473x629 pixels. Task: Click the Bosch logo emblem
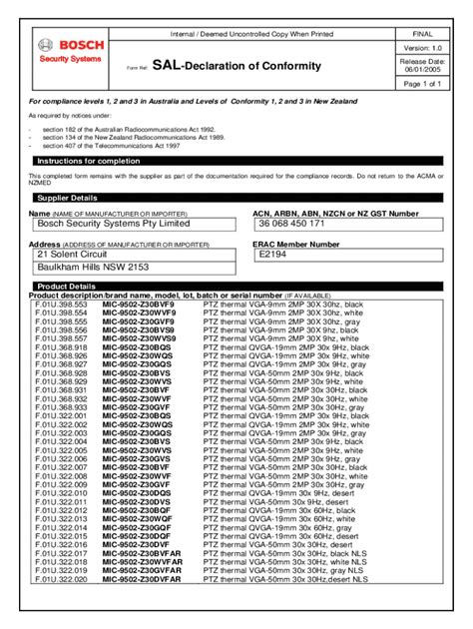tap(44, 45)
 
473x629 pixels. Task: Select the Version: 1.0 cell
tap(424, 49)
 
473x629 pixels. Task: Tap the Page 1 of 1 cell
tap(424, 84)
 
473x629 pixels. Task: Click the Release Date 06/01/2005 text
tap(424, 66)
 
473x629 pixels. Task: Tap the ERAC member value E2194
tap(273, 255)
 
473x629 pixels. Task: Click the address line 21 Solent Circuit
tap(71, 255)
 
